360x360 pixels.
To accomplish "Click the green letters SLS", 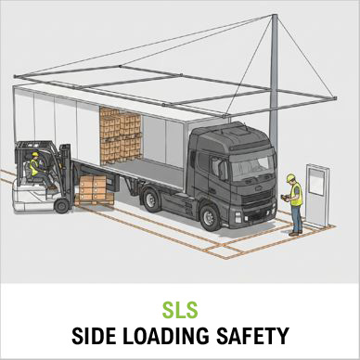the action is click(x=180, y=310).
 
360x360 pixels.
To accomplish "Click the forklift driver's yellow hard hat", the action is click(x=35, y=154).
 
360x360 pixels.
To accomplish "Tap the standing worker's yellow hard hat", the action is click(x=290, y=177).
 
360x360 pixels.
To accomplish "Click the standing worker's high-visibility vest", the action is click(x=296, y=195).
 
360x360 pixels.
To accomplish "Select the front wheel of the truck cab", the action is click(x=210, y=218).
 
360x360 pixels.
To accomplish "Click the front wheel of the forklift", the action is click(x=62, y=206).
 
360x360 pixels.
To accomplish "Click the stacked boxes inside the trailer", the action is click(x=121, y=135).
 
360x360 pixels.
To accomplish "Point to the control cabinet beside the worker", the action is click(x=316, y=196).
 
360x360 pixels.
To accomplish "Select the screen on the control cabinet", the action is click(x=316, y=182).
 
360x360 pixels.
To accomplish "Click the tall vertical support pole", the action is click(x=274, y=77).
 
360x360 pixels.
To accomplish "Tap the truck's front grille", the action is click(x=257, y=197).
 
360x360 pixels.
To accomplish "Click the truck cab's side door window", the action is click(x=219, y=167).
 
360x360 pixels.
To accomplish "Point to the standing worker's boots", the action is click(x=296, y=233).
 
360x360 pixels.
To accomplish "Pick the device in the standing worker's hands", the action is click(x=284, y=197).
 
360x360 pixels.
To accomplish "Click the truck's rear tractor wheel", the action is click(x=150, y=200).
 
